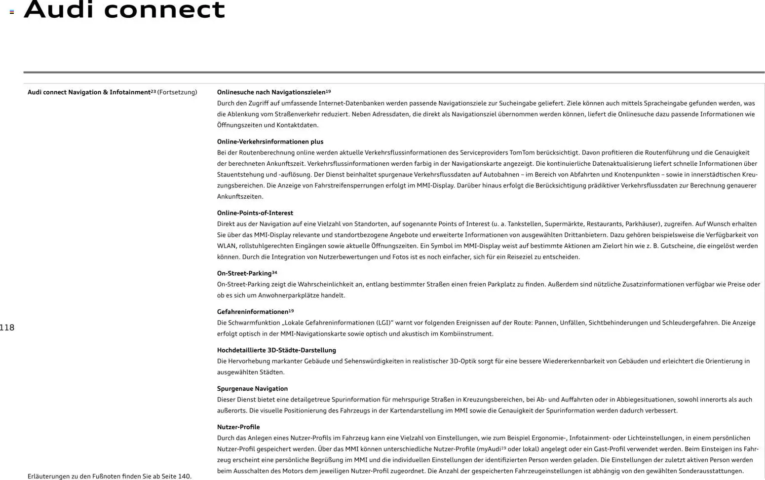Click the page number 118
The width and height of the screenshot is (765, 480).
pos(7,328)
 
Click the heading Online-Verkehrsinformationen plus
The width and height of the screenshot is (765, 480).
pos(270,142)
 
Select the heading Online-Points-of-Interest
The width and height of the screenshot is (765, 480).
pos(255,213)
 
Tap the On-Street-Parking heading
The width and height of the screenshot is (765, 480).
pos(244,273)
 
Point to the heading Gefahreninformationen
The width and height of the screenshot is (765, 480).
pos(253,312)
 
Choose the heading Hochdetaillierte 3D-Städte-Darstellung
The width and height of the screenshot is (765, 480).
pos(276,350)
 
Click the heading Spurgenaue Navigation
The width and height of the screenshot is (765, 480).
pos(252,389)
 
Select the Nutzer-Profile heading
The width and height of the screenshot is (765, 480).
pos(238,427)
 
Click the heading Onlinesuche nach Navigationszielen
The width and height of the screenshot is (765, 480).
pos(271,92)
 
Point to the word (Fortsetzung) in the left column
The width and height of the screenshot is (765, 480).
pos(177,92)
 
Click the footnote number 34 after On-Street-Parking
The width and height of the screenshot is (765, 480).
pos(274,272)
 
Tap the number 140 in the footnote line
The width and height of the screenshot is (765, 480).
pos(184,477)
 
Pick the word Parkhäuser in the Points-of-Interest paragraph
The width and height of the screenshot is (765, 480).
pos(643,224)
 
